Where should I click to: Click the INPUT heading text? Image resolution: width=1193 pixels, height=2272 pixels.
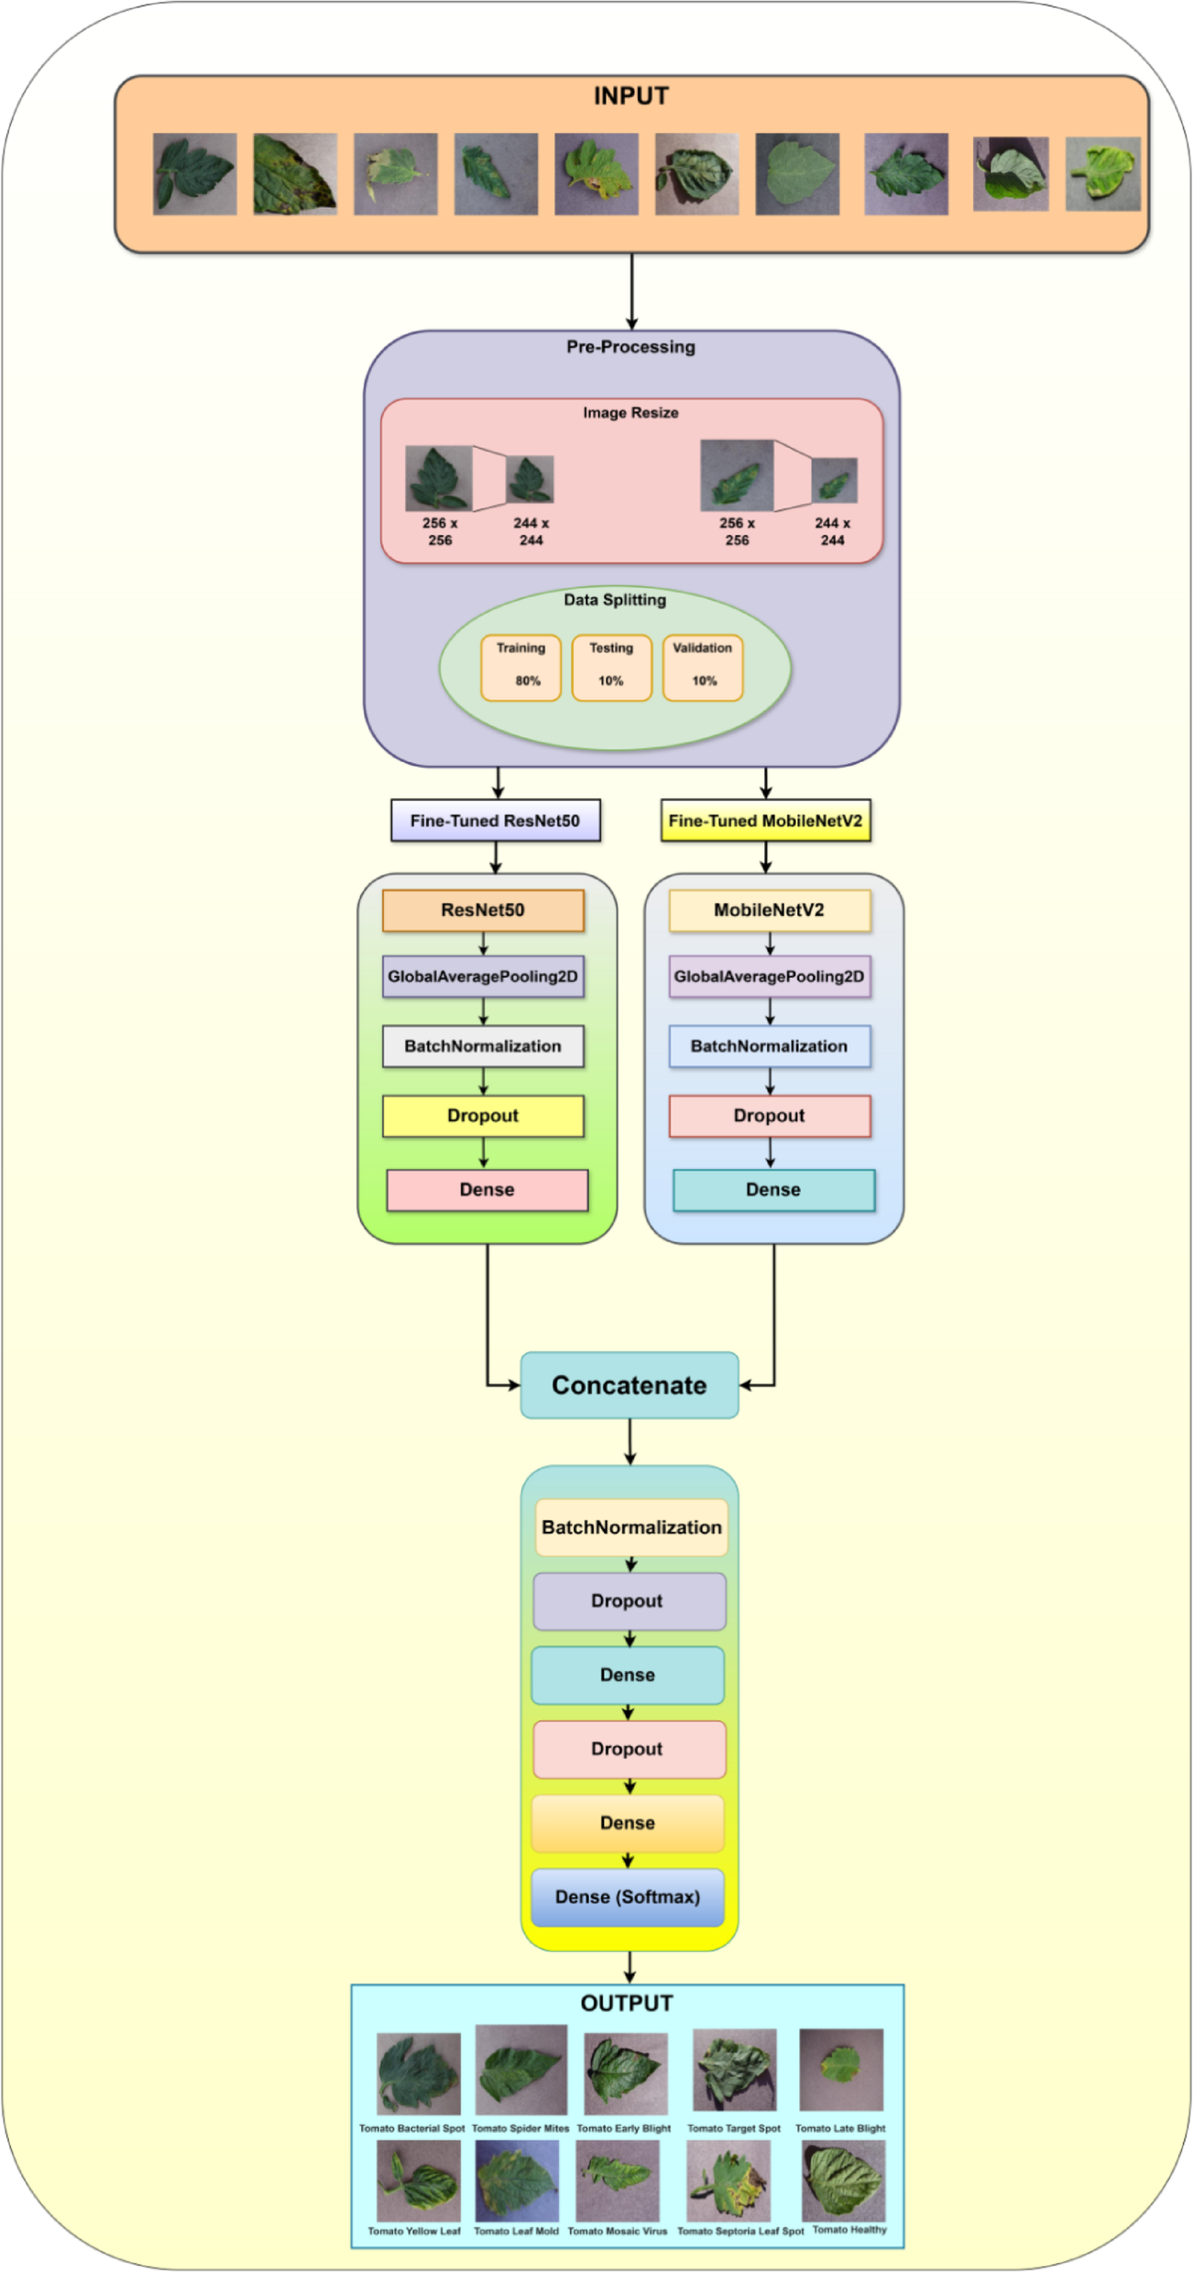tap(630, 96)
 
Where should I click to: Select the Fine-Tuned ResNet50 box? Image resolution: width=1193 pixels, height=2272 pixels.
tap(495, 821)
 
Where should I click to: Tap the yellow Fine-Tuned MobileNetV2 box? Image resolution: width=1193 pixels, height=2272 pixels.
tap(765, 821)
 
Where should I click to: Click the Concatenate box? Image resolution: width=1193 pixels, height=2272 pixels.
tap(629, 1385)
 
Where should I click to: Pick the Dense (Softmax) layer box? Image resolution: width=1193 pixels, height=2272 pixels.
tap(628, 1897)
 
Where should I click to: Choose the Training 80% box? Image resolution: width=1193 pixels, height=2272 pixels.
tap(520, 667)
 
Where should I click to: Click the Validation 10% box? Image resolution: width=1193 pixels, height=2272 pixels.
tap(703, 667)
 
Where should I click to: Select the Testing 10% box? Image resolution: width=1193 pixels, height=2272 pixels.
tap(611, 667)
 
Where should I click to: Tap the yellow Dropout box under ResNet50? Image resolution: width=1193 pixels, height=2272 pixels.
tap(483, 1116)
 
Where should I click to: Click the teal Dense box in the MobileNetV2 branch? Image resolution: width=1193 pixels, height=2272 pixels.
tap(773, 1190)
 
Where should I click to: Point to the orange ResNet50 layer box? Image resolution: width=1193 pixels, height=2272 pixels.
tap(483, 911)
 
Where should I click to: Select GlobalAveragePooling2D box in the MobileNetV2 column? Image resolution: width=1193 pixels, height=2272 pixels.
tap(769, 977)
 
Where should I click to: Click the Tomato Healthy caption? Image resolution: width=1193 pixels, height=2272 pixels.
tap(849, 2229)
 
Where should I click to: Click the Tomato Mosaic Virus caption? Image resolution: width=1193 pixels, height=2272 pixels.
tap(617, 2231)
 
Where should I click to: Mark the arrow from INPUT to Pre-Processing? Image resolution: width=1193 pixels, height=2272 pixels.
tap(631, 291)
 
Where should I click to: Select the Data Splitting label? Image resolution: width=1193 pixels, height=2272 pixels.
tap(615, 600)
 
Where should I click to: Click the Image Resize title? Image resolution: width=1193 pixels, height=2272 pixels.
tap(630, 413)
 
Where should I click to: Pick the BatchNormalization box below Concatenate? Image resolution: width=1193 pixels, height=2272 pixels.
tap(631, 1527)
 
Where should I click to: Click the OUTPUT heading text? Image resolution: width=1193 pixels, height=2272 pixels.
tap(627, 2004)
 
